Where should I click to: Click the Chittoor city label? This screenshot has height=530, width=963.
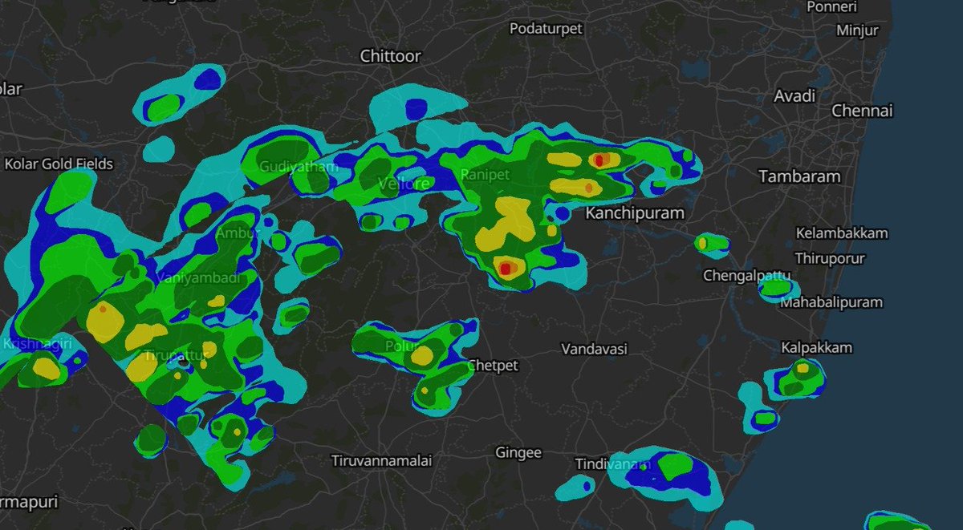click(x=391, y=56)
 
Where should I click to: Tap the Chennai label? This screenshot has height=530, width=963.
click(x=862, y=111)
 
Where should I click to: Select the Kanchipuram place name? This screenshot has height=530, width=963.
click(x=635, y=213)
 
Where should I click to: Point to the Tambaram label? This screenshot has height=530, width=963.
click(x=800, y=176)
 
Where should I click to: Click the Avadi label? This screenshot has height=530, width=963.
click(x=794, y=96)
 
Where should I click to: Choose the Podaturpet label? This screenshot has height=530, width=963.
click(x=546, y=29)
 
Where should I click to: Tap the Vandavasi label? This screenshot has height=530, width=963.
click(x=594, y=350)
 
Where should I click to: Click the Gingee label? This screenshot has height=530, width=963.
click(x=518, y=453)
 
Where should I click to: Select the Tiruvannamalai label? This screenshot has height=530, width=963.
click(x=381, y=461)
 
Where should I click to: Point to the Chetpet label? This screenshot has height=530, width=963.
click(x=492, y=366)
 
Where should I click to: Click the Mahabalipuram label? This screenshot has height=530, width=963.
click(x=831, y=303)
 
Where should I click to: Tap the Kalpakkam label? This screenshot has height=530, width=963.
click(x=817, y=348)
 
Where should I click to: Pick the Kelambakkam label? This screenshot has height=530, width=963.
click(x=842, y=233)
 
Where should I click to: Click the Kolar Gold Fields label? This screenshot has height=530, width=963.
click(x=59, y=164)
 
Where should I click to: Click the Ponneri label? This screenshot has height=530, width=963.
click(x=855, y=7)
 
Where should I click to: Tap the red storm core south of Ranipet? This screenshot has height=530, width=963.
click(x=506, y=267)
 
